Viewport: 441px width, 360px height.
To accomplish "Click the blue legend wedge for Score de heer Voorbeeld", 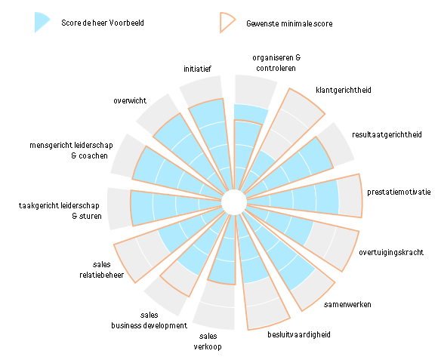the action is (41, 22).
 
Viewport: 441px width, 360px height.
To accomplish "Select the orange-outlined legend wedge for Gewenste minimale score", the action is (227, 23).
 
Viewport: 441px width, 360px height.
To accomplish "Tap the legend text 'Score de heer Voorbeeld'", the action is (103, 23).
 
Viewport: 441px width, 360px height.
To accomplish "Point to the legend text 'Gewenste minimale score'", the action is (289, 23).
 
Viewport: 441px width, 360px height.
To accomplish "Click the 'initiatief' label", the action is (197, 69).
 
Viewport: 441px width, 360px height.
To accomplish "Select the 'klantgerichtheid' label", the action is (344, 91).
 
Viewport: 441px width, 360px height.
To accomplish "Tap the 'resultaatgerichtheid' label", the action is (387, 134).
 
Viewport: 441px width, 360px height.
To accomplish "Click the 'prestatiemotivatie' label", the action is (399, 192).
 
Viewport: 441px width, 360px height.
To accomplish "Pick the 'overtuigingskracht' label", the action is (391, 252).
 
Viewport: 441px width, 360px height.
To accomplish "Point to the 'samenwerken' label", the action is (347, 304).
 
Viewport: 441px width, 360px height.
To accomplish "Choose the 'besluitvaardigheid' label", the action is (299, 334).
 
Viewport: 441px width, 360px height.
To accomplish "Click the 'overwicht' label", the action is (130, 100).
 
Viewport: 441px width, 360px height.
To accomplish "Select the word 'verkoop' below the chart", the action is (208, 346).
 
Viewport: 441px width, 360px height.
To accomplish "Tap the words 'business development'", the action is (149, 325).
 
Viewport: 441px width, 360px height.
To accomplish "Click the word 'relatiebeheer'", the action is (101, 275).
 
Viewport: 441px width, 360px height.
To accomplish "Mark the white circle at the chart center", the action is (234, 202).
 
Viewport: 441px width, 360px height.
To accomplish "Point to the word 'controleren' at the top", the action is (276, 68).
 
